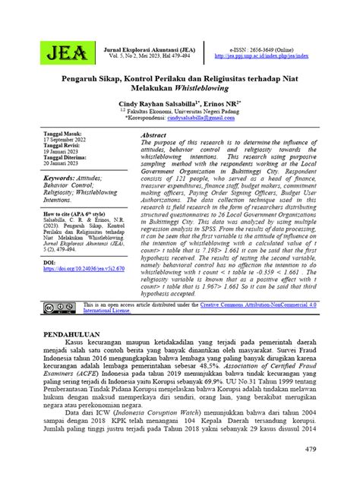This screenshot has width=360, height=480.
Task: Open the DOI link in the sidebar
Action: click(84, 268)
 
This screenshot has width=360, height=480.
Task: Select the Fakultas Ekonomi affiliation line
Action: click(171, 111)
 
